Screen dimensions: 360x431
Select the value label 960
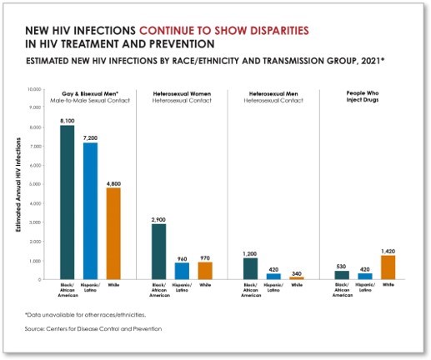pos(183,257)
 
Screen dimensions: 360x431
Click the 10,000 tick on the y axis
pos(33,88)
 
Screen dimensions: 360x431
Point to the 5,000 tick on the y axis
pos(35,184)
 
